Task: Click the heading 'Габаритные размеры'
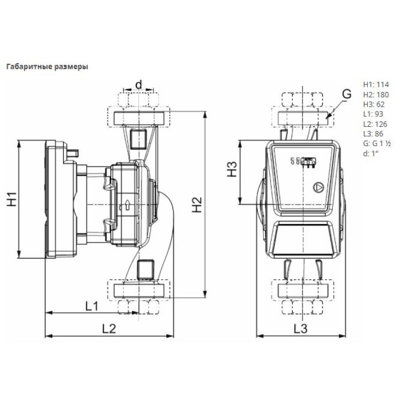coord(46,67)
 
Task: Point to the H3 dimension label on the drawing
coord(233,170)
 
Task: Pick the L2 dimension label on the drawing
coord(109,329)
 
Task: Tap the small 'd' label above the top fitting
coord(139,84)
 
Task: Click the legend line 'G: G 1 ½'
coord(375,143)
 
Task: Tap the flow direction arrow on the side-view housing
coord(127,206)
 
